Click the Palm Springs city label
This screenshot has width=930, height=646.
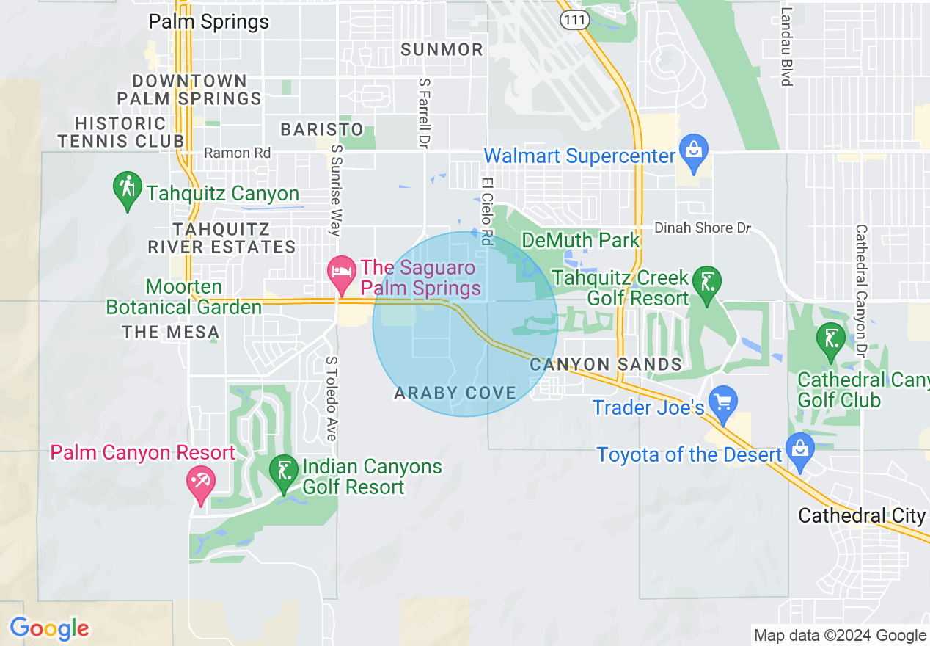click(x=208, y=22)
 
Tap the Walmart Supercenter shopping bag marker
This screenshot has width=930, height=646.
click(x=692, y=150)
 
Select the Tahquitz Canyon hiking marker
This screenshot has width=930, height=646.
click(x=128, y=189)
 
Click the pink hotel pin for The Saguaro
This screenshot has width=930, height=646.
click(x=341, y=272)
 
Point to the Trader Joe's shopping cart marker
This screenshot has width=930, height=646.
click(x=724, y=402)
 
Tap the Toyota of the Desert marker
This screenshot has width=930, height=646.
click(x=799, y=450)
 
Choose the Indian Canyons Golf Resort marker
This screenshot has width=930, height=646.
click(x=283, y=472)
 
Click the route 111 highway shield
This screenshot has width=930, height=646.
click(x=574, y=21)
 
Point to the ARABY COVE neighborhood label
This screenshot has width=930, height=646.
click(x=455, y=393)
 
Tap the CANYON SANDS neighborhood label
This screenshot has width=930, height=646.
click(x=606, y=364)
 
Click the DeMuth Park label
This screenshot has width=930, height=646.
click(x=580, y=240)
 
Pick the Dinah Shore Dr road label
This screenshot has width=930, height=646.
click(x=703, y=228)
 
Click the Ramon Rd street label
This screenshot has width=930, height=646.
click(x=237, y=153)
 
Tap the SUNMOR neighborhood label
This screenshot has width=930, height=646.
click(x=442, y=50)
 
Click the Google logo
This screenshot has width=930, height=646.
click(x=49, y=628)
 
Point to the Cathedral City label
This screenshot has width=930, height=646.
click(x=862, y=515)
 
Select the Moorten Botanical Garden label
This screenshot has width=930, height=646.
click(x=183, y=297)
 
